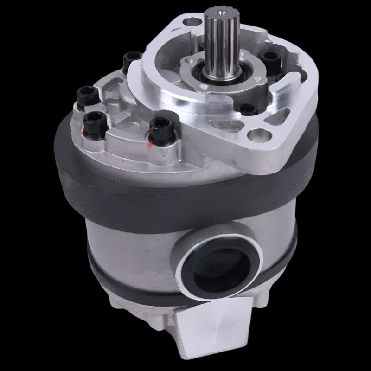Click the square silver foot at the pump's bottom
[218, 334]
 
